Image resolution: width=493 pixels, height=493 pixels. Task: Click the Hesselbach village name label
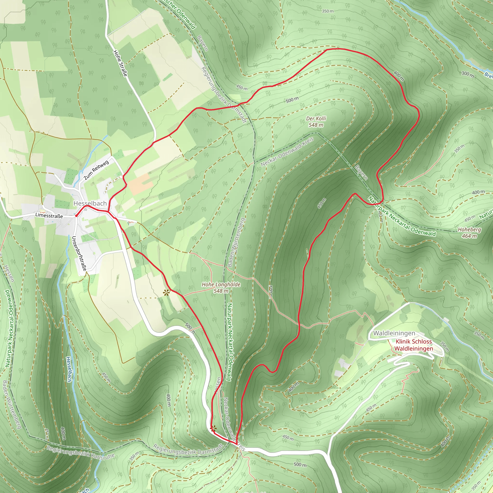point(90,203)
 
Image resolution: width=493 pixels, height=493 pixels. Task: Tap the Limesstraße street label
point(49,216)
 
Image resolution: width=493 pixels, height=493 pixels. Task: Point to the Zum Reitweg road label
point(96,170)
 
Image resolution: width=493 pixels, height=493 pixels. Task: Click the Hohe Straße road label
point(120,63)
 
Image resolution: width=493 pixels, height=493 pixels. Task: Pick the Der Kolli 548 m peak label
point(316,122)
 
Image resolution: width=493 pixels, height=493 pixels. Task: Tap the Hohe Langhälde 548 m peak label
point(221,288)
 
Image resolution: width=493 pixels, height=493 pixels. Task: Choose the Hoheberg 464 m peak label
point(469,233)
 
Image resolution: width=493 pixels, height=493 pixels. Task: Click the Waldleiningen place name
point(394,333)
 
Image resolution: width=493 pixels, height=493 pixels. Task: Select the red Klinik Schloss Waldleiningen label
point(414,345)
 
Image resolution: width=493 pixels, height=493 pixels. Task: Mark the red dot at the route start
point(76,216)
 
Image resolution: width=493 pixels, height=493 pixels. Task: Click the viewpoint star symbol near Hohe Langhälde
point(167,293)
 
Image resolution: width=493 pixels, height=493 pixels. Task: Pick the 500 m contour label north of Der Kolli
point(292,100)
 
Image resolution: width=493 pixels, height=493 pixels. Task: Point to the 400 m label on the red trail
point(399,76)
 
